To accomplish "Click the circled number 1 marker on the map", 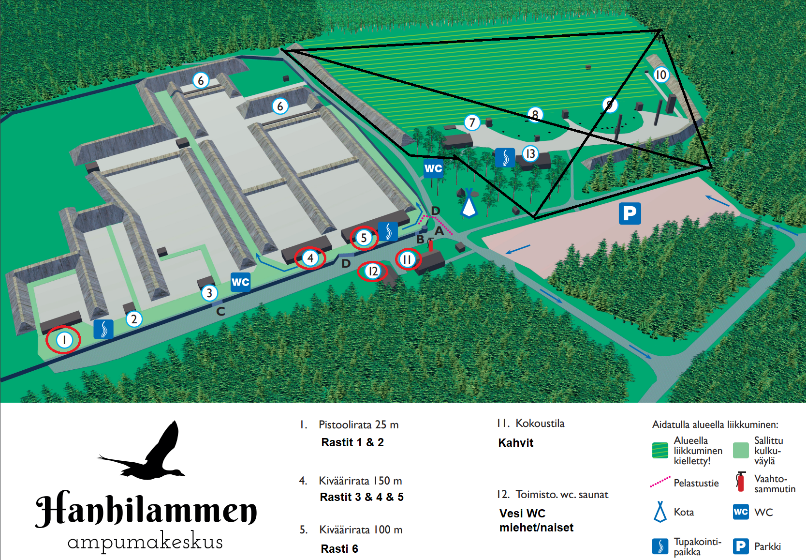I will pos(64,340).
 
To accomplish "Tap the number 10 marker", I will pos(660,75).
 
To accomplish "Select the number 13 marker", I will pos(530,154).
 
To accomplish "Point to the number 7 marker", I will pos(472,122).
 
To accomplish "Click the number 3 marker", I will pos(209,293).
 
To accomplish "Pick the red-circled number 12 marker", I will pos(373,271).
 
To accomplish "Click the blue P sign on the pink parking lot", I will pos(630,213).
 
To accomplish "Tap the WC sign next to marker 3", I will pos(240,282).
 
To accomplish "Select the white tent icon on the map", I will pos(468,204).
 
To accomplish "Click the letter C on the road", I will pos(220,311).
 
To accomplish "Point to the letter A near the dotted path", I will pos(439,231).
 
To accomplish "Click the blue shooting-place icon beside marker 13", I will pos(505,158).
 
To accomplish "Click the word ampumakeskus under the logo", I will pos(145,542).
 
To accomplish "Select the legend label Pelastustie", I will pos(696,483).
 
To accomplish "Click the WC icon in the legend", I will pos(741,512).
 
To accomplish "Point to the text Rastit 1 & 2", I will pos(352,442).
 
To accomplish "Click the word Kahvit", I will pos(515,443).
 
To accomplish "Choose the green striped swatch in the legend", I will pos(660,450).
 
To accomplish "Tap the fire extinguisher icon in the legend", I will pos(740,482).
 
